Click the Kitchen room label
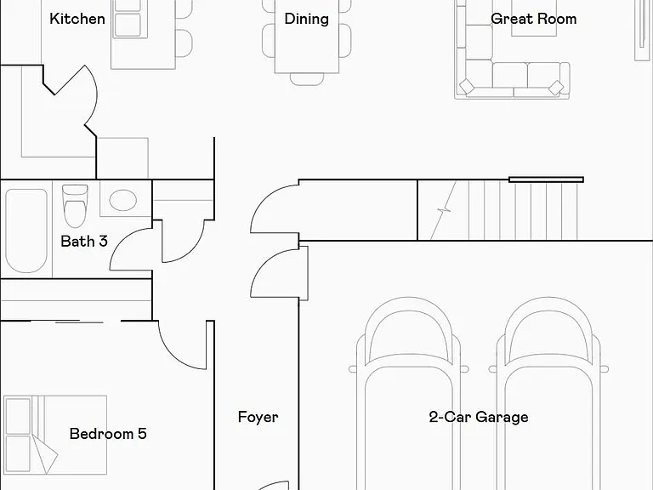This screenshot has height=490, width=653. (x=77, y=19)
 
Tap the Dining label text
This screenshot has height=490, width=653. (x=306, y=20)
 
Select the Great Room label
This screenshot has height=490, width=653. (x=533, y=19)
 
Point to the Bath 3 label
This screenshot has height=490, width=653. (x=84, y=242)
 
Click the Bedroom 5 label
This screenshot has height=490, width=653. (x=108, y=434)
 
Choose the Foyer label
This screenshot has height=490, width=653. (x=258, y=417)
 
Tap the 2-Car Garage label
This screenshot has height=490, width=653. (x=479, y=417)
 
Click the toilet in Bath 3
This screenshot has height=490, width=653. (x=75, y=206)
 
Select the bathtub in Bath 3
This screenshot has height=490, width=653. (x=26, y=231)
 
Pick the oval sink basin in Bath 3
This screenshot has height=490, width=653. (x=122, y=200)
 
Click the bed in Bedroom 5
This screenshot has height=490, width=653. (x=55, y=435)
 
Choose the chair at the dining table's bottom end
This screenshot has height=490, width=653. (x=307, y=79)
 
